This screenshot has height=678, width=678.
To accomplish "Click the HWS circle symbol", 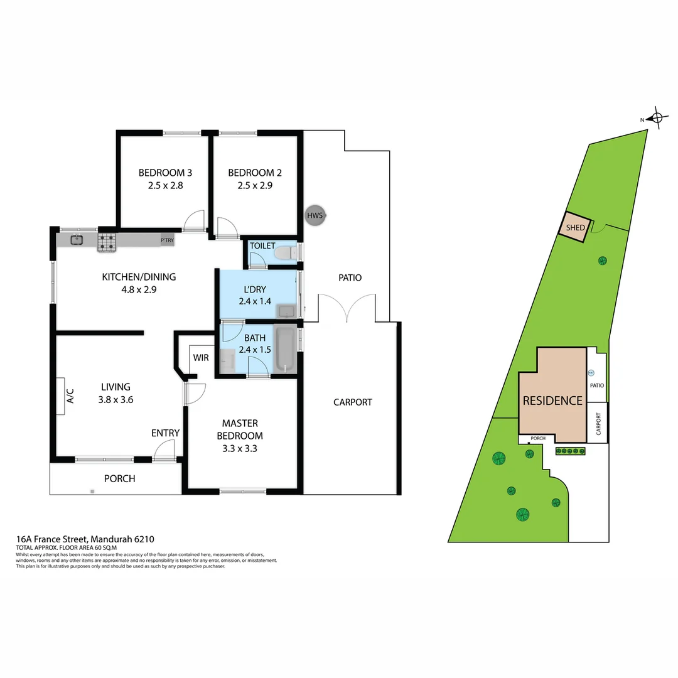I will click(315, 216).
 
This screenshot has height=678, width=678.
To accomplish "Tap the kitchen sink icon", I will click(77, 240).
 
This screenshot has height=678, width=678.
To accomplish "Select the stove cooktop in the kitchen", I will click(107, 242).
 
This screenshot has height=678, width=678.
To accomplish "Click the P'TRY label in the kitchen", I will click(167, 240).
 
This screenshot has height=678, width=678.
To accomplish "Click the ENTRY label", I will click(165, 433).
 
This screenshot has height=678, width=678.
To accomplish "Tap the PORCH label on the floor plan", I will click(119, 478).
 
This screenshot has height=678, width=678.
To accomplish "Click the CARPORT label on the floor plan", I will click(353, 402).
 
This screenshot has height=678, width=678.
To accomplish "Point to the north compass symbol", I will click(657, 117).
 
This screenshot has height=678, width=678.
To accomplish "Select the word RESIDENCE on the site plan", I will click(552, 401).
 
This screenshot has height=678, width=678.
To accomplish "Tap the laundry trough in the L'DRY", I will click(288, 311).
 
